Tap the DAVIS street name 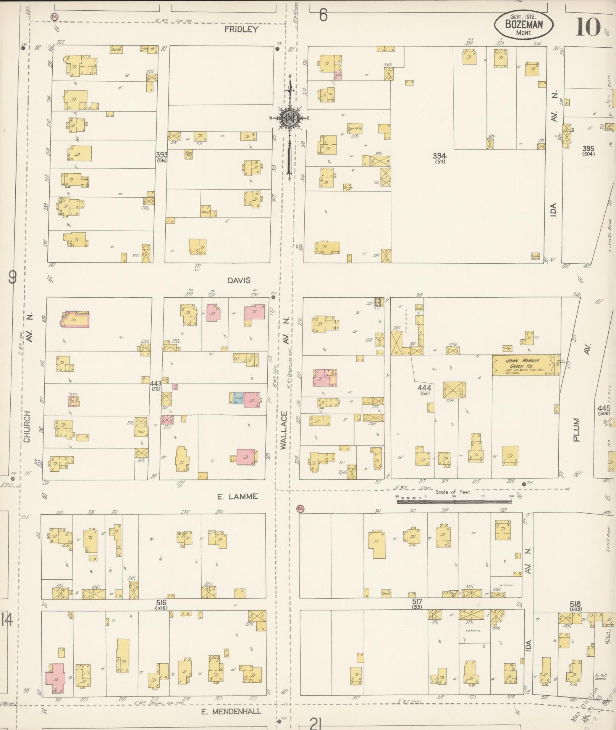(239, 280)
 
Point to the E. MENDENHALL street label (231, 711)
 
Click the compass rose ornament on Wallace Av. (289, 119)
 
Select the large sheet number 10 (588, 27)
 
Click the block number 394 (440, 156)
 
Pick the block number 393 (162, 155)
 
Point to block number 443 (155, 383)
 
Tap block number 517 (417, 601)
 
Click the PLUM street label (576, 430)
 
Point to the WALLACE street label (283, 430)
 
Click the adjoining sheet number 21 (315, 723)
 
